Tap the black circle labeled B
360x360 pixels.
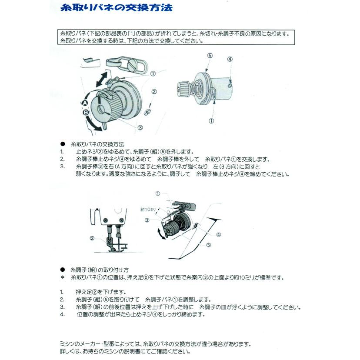point(86,112)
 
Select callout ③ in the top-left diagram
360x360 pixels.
point(140,128)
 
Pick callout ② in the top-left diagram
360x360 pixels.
point(154,92)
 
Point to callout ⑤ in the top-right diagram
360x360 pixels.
point(210,56)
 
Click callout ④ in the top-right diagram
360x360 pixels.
point(230,59)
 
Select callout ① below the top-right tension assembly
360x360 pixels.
point(211,120)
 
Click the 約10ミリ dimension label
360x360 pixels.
point(148,209)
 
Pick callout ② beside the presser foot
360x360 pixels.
point(92,238)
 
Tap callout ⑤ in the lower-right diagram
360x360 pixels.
point(208,245)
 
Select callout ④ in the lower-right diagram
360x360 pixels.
point(218,234)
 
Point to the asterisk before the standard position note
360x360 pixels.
point(62,277)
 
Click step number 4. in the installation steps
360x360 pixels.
point(62,314)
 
